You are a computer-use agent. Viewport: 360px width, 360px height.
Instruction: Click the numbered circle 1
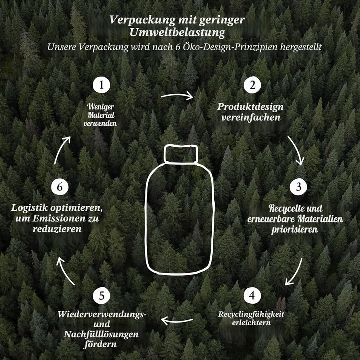pyautogui.click(x=101, y=85)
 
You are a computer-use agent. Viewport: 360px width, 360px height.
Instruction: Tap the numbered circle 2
pyautogui.click(x=252, y=85)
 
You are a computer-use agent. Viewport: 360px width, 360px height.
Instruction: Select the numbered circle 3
pyautogui.click(x=298, y=187)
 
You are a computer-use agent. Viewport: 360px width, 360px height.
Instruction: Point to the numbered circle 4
pyautogui.click(x=252, y=295)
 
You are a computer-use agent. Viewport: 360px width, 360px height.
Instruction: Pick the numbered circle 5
pyautogui.click(x=101, y=296)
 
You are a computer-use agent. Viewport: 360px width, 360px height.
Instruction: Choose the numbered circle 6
pyautogui.click(x=60, y=187)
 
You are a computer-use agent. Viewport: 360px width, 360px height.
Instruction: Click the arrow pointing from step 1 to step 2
pyautogui.click(x=177, y=95)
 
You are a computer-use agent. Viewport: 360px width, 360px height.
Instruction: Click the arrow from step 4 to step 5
pyautogui.click(x=177, y=321)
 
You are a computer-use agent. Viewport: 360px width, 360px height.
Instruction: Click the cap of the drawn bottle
pyautogui.click(x=181, y=154)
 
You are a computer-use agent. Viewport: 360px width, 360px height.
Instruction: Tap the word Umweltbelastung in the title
pyautogui.click(x=177, y=32)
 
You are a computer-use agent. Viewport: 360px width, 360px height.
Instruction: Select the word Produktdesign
pyautogui.click(x=250, y=107)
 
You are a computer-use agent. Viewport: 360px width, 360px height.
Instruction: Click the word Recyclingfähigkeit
pyautogui.click(x=251, y=314)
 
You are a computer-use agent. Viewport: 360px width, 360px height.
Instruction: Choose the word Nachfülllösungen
pyautogui.click(x=101, y=334)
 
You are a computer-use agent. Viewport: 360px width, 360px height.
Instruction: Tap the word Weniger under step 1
pyautogui.click(x=100, y=107)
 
